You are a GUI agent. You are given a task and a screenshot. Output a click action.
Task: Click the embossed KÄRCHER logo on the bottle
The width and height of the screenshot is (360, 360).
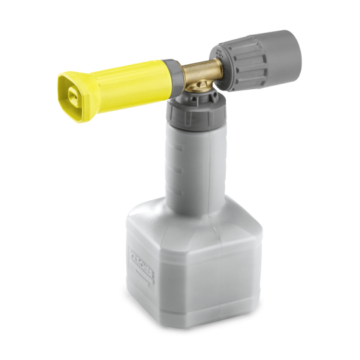point(141,265)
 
